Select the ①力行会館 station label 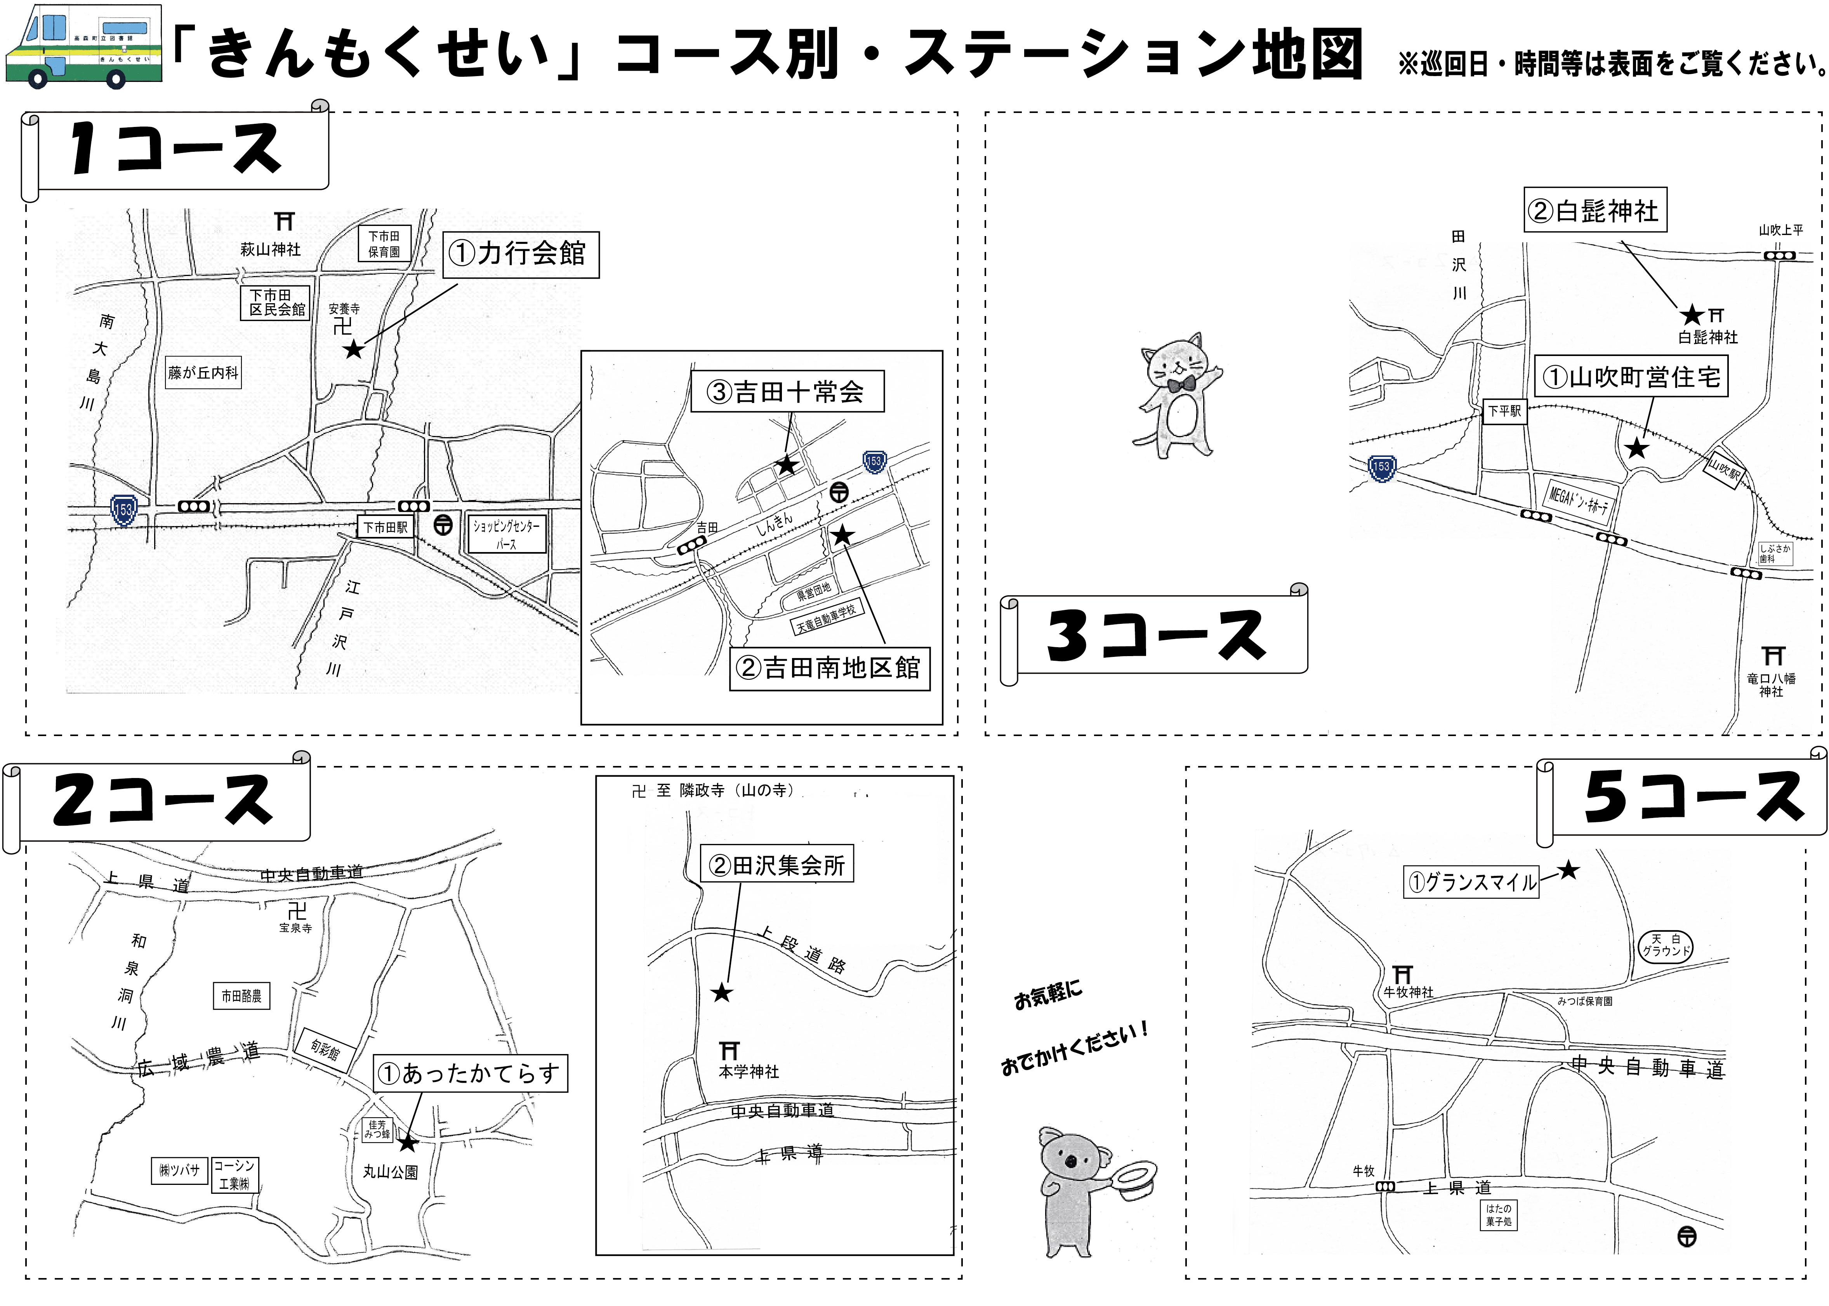coord(520,254)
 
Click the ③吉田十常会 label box coord(787,392)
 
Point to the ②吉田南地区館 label coord(829,668)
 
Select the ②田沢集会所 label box coord(777,865)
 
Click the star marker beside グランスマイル coord(1568,870)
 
